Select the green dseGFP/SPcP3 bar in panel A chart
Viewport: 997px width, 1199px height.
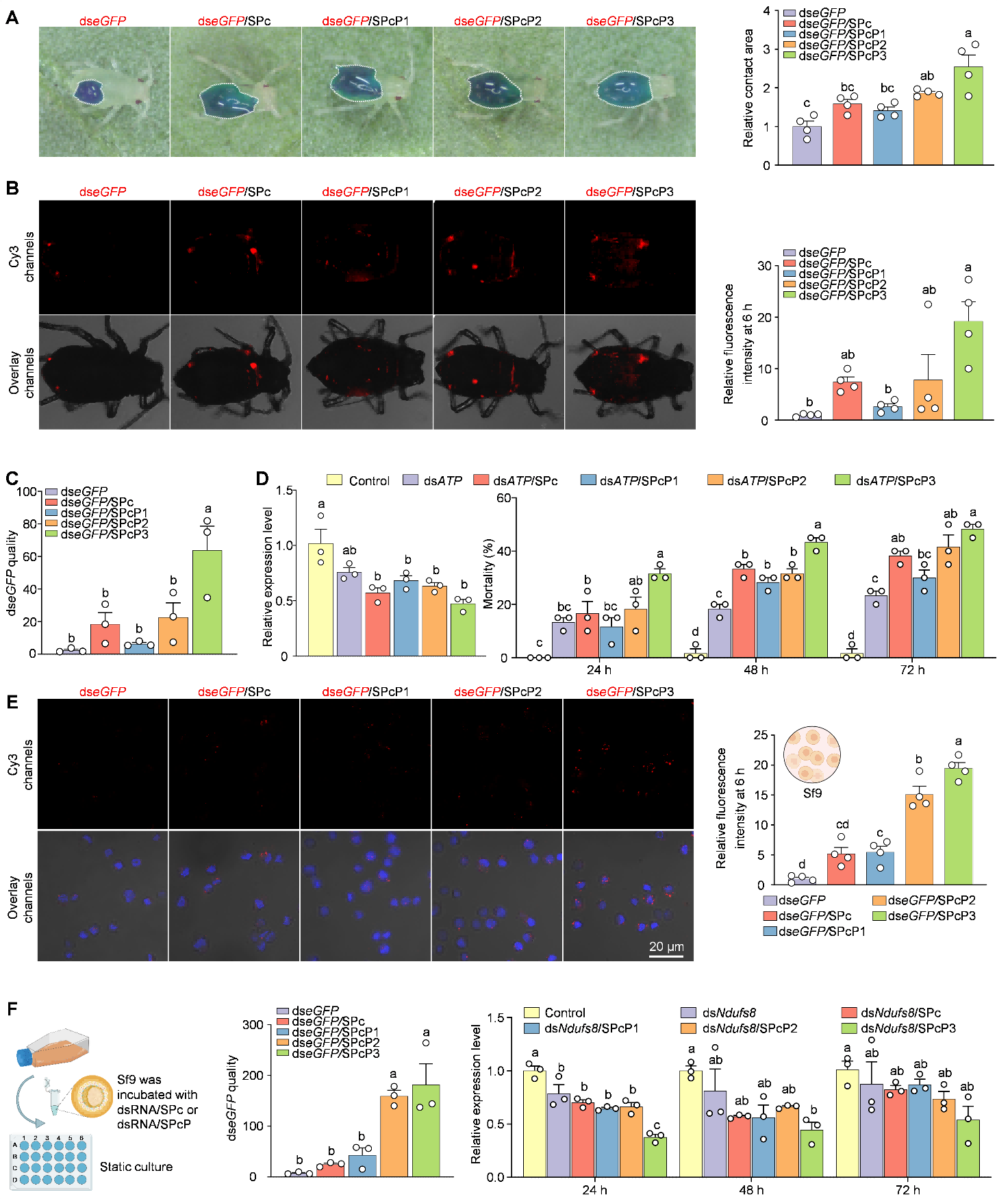coord(968,116)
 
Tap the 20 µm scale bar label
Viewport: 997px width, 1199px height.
coord(666,946)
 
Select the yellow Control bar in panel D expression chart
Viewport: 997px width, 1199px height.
coord(321,599)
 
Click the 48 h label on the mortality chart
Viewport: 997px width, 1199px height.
coord(756,669)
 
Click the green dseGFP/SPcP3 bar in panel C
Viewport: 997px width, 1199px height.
coord(207,602)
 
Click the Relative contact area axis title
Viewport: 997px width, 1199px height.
coord(748,88)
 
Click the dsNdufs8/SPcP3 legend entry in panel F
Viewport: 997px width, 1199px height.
coord(898,1028)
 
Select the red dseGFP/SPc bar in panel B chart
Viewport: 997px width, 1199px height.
coord(847,401)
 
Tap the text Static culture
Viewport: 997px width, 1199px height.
coord(136,1167)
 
